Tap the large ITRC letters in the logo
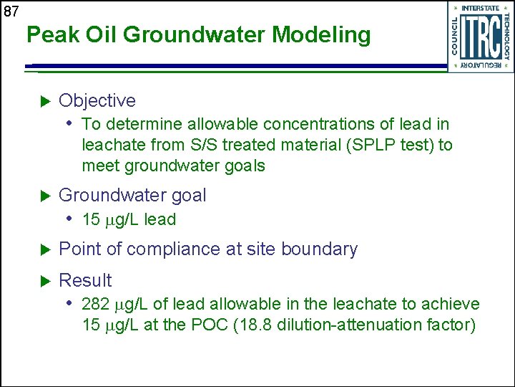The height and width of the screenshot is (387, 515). point(480,36)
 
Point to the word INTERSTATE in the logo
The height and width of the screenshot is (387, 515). point(481,8)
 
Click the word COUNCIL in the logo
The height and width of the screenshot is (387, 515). point(456,35)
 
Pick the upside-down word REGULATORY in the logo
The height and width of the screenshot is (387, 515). point(480,65)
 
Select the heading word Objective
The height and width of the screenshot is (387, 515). point(97,101)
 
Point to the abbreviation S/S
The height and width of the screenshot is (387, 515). point(205,145)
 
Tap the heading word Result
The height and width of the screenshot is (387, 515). point(85,280)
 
